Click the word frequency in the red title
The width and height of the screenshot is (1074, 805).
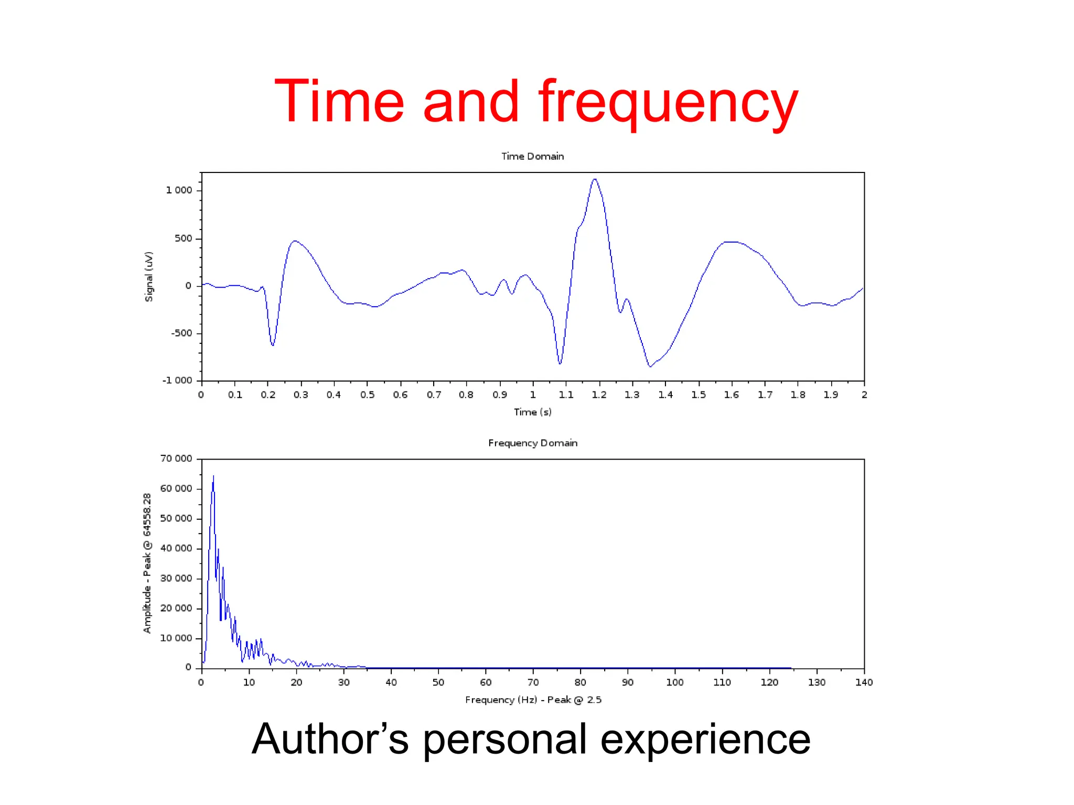click(x=668, y=102)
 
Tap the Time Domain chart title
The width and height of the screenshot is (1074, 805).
click(x=532, y=156)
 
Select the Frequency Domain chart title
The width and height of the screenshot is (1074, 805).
click(x=533, y=443)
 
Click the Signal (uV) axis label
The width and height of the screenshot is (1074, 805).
click(x=149, y=277)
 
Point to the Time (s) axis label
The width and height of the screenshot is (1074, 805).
click(x=532, y=412)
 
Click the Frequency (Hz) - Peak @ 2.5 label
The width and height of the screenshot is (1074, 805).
click(x=533, y=700)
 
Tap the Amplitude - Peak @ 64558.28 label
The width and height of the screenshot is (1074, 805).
click(x=147, y=563)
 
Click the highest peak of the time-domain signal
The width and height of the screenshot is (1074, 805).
click(x=594, y=180)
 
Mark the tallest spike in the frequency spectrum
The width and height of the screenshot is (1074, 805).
click(x=213, y=477)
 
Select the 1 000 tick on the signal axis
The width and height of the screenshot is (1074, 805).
click(x=179, y=190)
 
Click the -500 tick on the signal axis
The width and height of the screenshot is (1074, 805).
click(x=181, y=333)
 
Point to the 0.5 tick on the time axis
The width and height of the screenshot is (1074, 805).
click(x=367, y=395)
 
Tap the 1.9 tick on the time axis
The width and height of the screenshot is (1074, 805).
click(x=831, y=395)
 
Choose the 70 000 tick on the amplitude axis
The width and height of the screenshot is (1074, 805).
click(x=176, y=459)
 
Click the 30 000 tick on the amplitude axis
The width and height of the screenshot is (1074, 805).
click(x=176, y=578)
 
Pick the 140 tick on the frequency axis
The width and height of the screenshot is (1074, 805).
click(x=864, y=682)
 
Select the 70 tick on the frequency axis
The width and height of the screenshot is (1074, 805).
click(x=533, y=682)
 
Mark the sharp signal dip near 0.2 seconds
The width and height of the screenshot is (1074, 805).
click(x=272, y=344)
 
